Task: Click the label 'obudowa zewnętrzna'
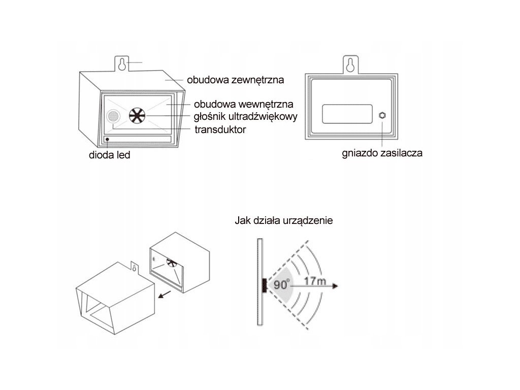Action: tap(235, 80)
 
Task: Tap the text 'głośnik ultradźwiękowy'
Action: tap(246, 116)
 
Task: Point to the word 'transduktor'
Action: tap(220, 129)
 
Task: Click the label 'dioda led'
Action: tap(109, 155)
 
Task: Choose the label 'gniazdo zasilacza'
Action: tap(382, 152)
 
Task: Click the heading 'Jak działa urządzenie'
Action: tap(284, 221)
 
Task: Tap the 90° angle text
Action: tap(282, 284)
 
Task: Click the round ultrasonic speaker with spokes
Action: tap(137, 116)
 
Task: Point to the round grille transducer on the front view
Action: tap(113, 117)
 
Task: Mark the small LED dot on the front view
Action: tap(107, 139)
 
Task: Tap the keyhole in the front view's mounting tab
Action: tap(122, 64)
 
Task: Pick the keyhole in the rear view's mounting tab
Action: tap(350, 64)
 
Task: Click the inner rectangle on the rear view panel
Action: tap(344, 113)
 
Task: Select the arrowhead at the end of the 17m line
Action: tap(334, 286)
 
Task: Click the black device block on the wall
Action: tap(265, 285)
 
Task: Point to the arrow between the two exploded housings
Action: tap(163, 295)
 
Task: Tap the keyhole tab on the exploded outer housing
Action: tap(134, 267)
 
